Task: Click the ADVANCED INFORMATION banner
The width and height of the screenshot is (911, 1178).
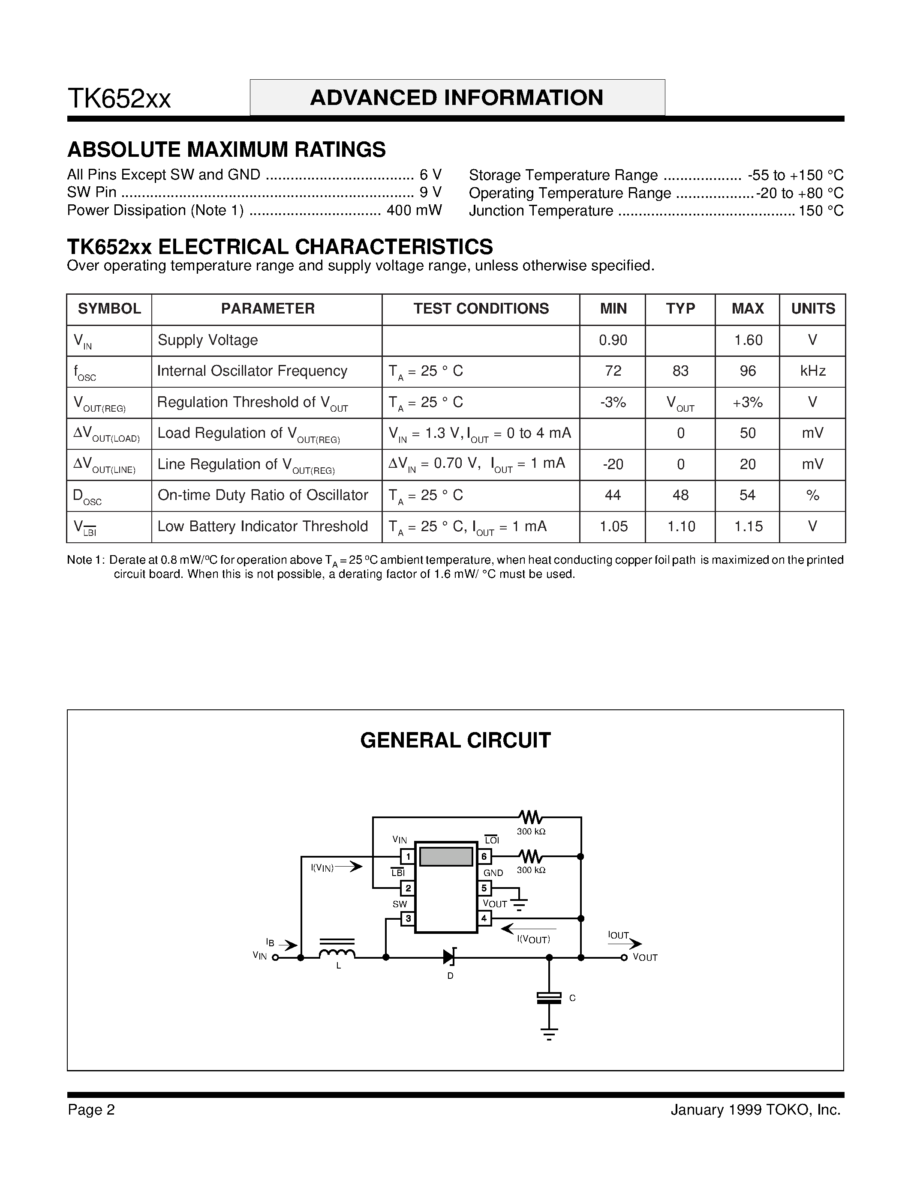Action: click(x=457, y=98)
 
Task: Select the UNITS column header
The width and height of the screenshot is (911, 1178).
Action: click(x=812, y=308)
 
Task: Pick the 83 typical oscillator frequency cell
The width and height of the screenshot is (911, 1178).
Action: click(x=680, y=371)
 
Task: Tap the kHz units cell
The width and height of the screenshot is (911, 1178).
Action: click(x=812, y=371)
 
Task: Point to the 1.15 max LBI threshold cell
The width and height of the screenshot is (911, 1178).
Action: click(x=748, y=526)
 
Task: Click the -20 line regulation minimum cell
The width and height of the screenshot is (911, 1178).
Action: click(x=613, y=464)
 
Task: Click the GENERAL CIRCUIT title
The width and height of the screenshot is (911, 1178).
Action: click(x=455, y=740)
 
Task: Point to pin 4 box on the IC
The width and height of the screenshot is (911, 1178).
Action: click(x=484, y=918)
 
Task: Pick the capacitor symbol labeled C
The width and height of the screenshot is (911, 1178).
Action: click(x=549, y=998)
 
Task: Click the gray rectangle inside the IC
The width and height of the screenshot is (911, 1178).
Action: click(x=446, y=857)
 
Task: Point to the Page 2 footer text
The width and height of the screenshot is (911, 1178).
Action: click(x=91, y=1109)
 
